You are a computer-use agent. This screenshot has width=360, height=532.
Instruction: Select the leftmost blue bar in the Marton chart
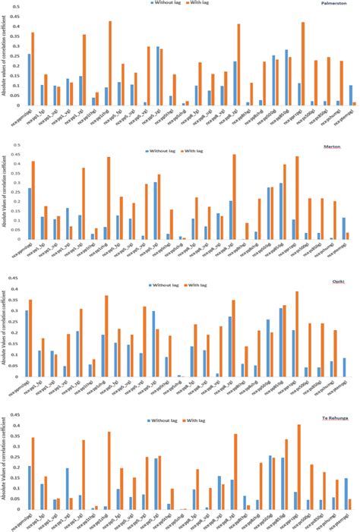[x=29, y=215]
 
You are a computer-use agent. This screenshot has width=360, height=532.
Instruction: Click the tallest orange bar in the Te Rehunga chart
[x=298, y=467]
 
